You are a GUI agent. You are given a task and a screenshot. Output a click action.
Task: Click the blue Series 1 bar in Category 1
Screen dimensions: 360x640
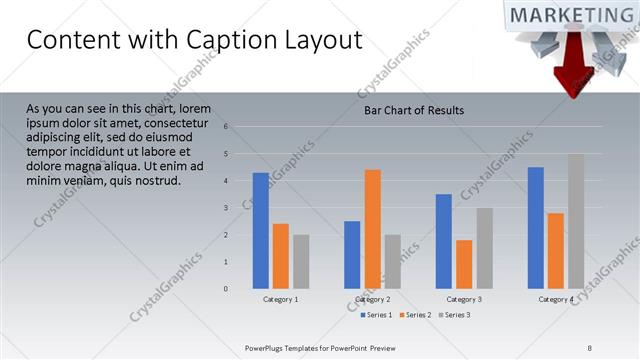click(261, 231)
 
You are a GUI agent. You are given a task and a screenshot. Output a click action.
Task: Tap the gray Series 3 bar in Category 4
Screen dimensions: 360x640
click(576, 221)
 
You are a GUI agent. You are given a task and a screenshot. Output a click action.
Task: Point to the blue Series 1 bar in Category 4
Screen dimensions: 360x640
click(536, 228)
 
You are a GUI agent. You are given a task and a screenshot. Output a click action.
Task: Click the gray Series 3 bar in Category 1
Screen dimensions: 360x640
click(301, 262)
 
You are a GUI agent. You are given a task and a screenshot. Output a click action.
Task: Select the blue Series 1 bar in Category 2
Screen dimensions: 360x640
click(352, 255)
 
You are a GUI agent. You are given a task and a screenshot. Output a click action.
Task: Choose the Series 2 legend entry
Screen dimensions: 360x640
click(417, 315)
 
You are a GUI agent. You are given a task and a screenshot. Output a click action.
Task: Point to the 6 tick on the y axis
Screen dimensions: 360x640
click(227, 127)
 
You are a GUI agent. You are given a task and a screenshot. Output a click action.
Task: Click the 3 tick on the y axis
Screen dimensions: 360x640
click(227, 208)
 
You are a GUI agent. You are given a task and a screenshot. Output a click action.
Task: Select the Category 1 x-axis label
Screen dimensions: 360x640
click(281, 300)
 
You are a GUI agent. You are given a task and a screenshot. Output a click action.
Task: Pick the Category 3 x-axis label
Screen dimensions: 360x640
click(464, 300)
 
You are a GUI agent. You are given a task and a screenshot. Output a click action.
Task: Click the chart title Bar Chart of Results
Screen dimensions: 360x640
click(413, 110)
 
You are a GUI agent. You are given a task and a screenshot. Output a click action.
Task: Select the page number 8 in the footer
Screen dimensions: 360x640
click(589, 347)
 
